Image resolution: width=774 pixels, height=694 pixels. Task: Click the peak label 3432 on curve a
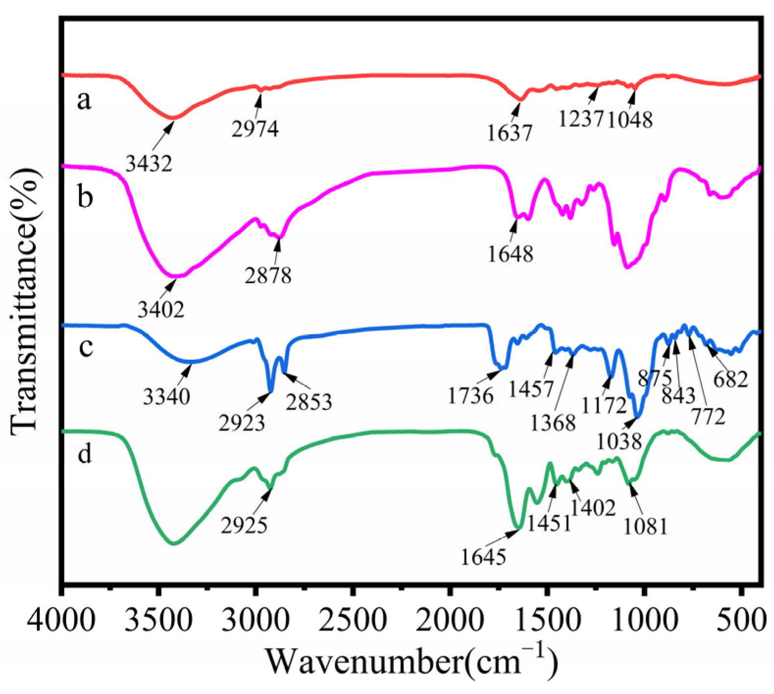click(149, 164)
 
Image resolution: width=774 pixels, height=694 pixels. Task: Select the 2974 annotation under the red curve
click(255, 129)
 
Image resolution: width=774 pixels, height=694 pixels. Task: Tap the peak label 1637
click(509, 133)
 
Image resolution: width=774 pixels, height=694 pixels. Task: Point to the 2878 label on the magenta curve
click(268, 275)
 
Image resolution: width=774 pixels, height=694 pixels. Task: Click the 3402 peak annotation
click(161, 310)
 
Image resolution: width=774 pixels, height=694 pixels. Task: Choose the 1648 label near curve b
click(510, 254)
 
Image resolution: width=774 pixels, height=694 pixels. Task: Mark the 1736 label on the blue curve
click(470, 396)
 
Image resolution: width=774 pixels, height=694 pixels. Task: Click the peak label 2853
click(309, 401)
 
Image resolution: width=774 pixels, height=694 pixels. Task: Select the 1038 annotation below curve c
click(619, 442)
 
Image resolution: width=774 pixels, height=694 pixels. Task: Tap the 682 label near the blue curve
click(731, 379)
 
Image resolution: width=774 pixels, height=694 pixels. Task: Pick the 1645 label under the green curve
click(483, 557)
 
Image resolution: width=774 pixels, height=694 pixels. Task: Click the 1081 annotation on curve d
click(645, 526)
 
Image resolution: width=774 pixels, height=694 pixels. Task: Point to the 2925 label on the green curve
click(244, 525)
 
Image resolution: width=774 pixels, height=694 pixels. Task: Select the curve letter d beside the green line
click(85, 454)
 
